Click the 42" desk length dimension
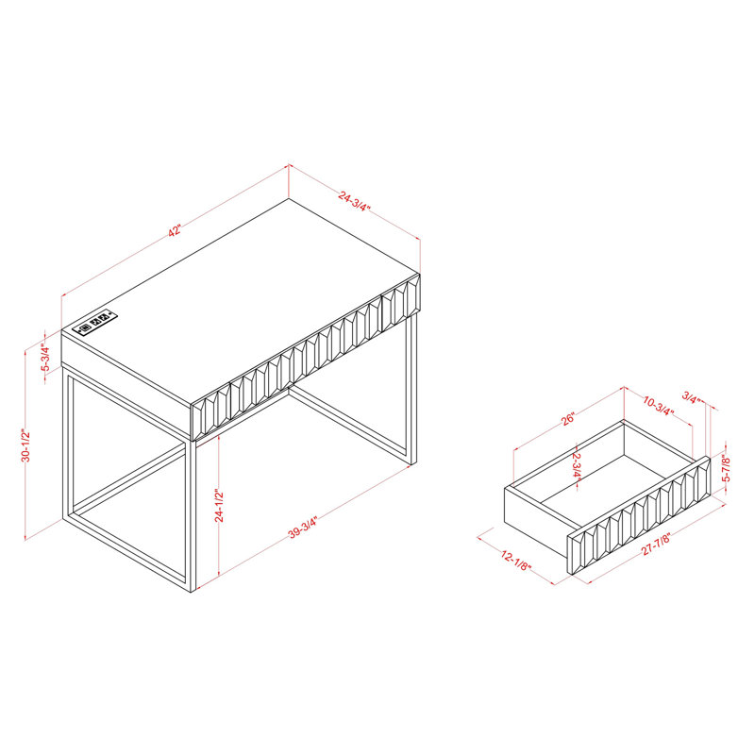pos(175,230)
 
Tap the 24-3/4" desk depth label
pos(355,202)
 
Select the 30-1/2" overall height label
pos(26,445)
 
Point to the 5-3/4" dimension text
pos(45,357)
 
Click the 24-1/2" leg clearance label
pos(220,506)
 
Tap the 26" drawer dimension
pos(568,418)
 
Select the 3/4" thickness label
pos(692,398)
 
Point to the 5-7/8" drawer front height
pos(727,469)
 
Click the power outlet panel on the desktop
pos(95,321)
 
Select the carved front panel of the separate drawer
pos(640,515)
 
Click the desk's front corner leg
pos(193,515)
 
